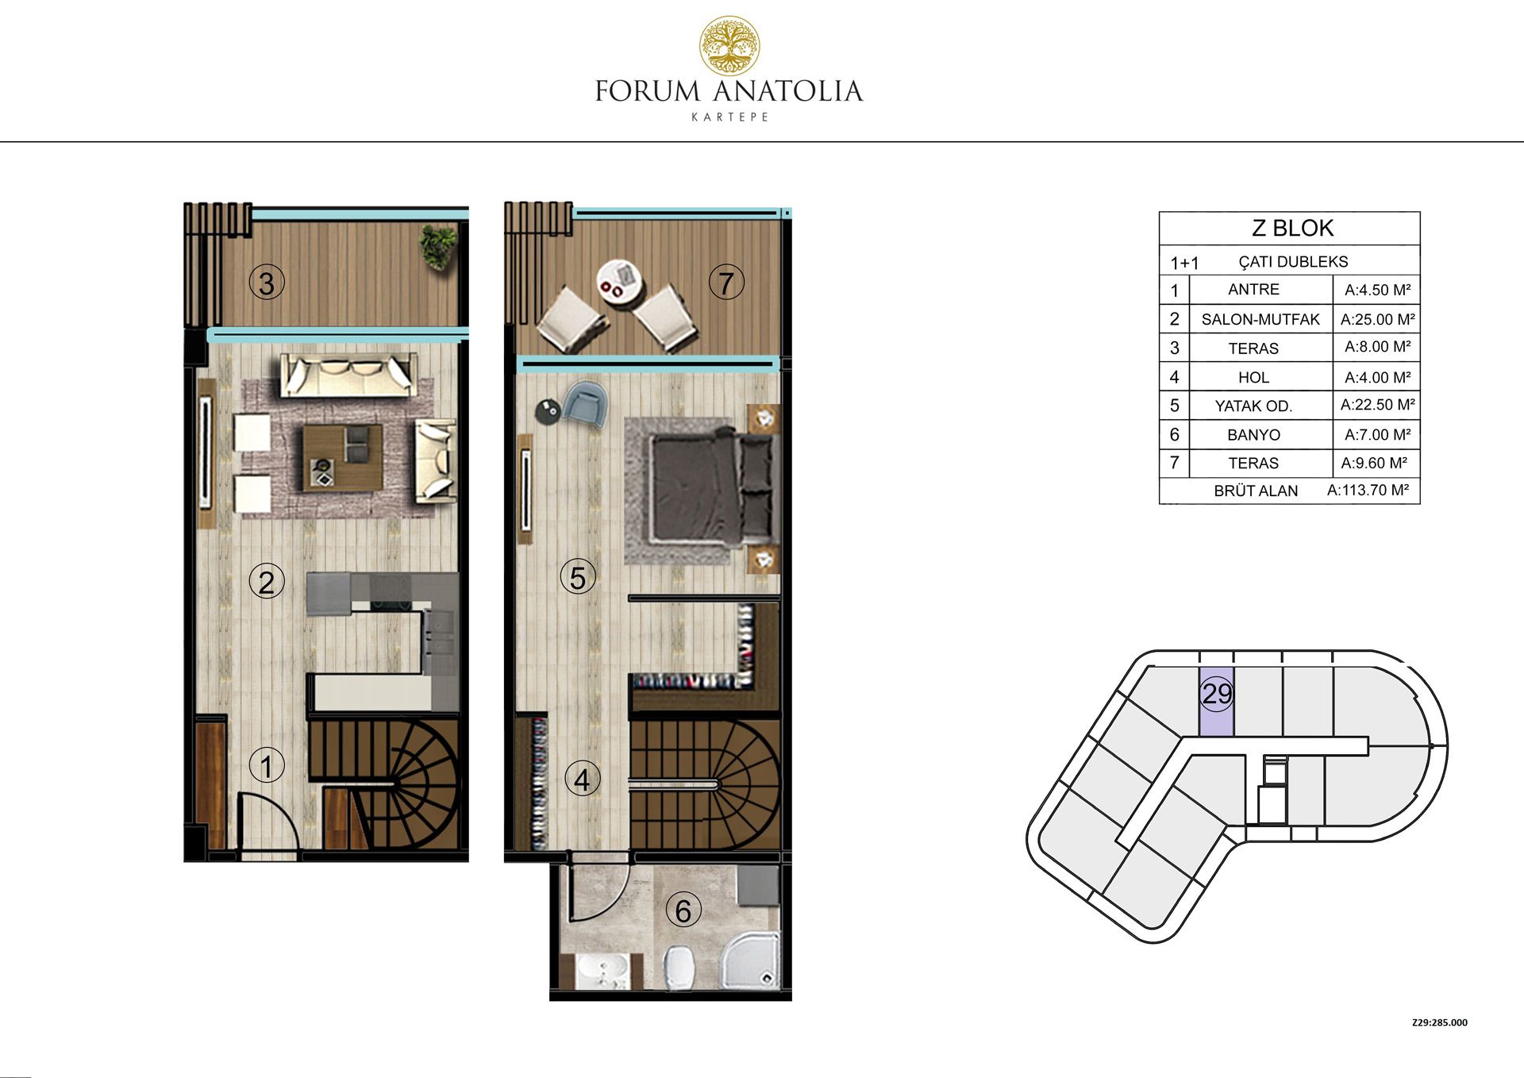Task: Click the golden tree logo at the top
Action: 729,46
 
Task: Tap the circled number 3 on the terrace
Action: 267,283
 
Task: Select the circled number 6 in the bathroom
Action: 683,911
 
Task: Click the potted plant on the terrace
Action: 438,246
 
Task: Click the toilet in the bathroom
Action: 679,967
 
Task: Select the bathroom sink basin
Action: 601,972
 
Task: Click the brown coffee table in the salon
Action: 342,457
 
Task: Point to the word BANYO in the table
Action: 1253,435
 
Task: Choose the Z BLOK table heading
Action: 1293,229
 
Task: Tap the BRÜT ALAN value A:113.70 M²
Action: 1368,491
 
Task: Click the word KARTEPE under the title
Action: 729,117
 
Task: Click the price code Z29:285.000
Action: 1439,1022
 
